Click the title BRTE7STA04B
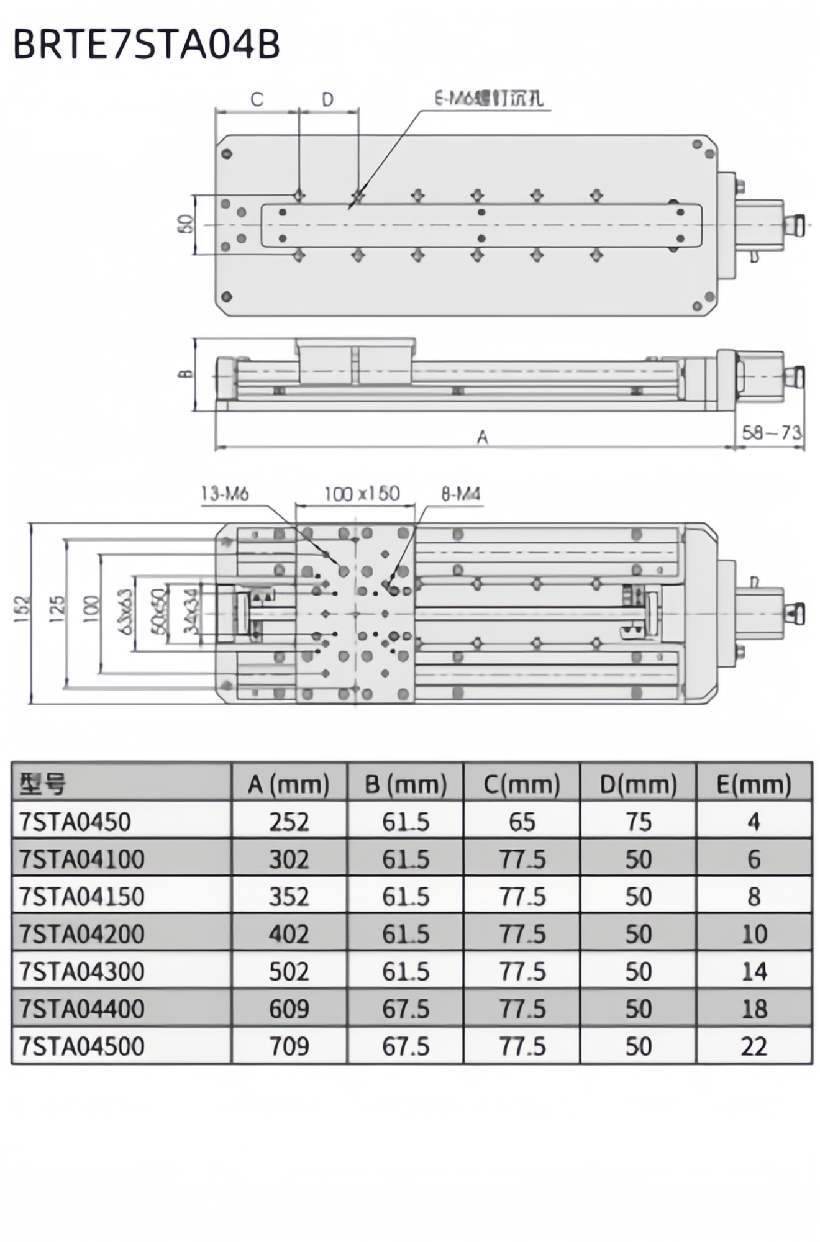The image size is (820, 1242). [x=147, y=45]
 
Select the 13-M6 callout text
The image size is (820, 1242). [x=225, y=494]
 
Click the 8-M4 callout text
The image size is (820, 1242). [x=461, y=494]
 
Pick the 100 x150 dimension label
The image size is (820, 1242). [x=362, y=494]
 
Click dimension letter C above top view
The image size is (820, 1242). [x=257, y=99]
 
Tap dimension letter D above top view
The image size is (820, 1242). [x=327, y=99]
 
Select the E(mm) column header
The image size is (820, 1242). [x=754, y=784]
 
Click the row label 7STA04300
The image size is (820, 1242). [x=82, y=971]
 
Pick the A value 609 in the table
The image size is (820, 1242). [x=289, y=1009]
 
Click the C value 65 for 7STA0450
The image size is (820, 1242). [x=522, y=822]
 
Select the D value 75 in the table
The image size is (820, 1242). [x=638, y=822]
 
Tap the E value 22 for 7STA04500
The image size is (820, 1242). [x=754, y=1046]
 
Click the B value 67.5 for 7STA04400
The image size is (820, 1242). [x=406, y=1009]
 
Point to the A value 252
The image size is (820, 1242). [x=289, y=822]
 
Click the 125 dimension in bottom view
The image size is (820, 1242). [x=57, y=609]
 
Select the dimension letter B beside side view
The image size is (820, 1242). [x=184, y=374]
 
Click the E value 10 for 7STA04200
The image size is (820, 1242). [x=754, y=934]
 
